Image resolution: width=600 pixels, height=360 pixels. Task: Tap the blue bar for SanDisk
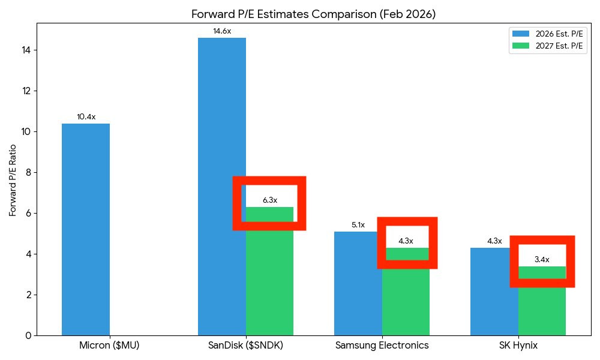[x=221, y=186]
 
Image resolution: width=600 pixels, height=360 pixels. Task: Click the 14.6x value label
[x=221, y=31]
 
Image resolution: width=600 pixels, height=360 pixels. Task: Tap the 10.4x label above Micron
[x=86, y=117]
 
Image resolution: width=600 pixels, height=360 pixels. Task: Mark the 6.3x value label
[x=270, y=200]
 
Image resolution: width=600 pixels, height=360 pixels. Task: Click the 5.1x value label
[x=358, y=225]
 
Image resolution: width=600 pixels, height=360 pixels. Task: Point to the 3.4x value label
[x=542, y=260]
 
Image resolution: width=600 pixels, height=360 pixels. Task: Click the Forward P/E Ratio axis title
[x=13, y=179]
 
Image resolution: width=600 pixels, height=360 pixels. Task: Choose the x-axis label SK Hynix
[x=518, y=346]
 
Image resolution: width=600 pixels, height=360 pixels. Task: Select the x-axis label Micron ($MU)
[x=109, y=346]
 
